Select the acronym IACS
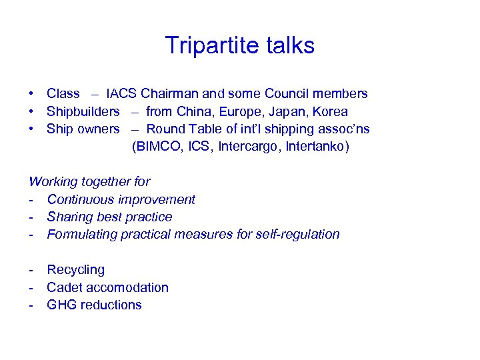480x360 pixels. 121,94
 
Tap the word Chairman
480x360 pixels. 169,94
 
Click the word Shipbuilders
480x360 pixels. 83,112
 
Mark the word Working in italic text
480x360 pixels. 53,181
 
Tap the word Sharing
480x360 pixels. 69,217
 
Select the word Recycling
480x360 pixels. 76,270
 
